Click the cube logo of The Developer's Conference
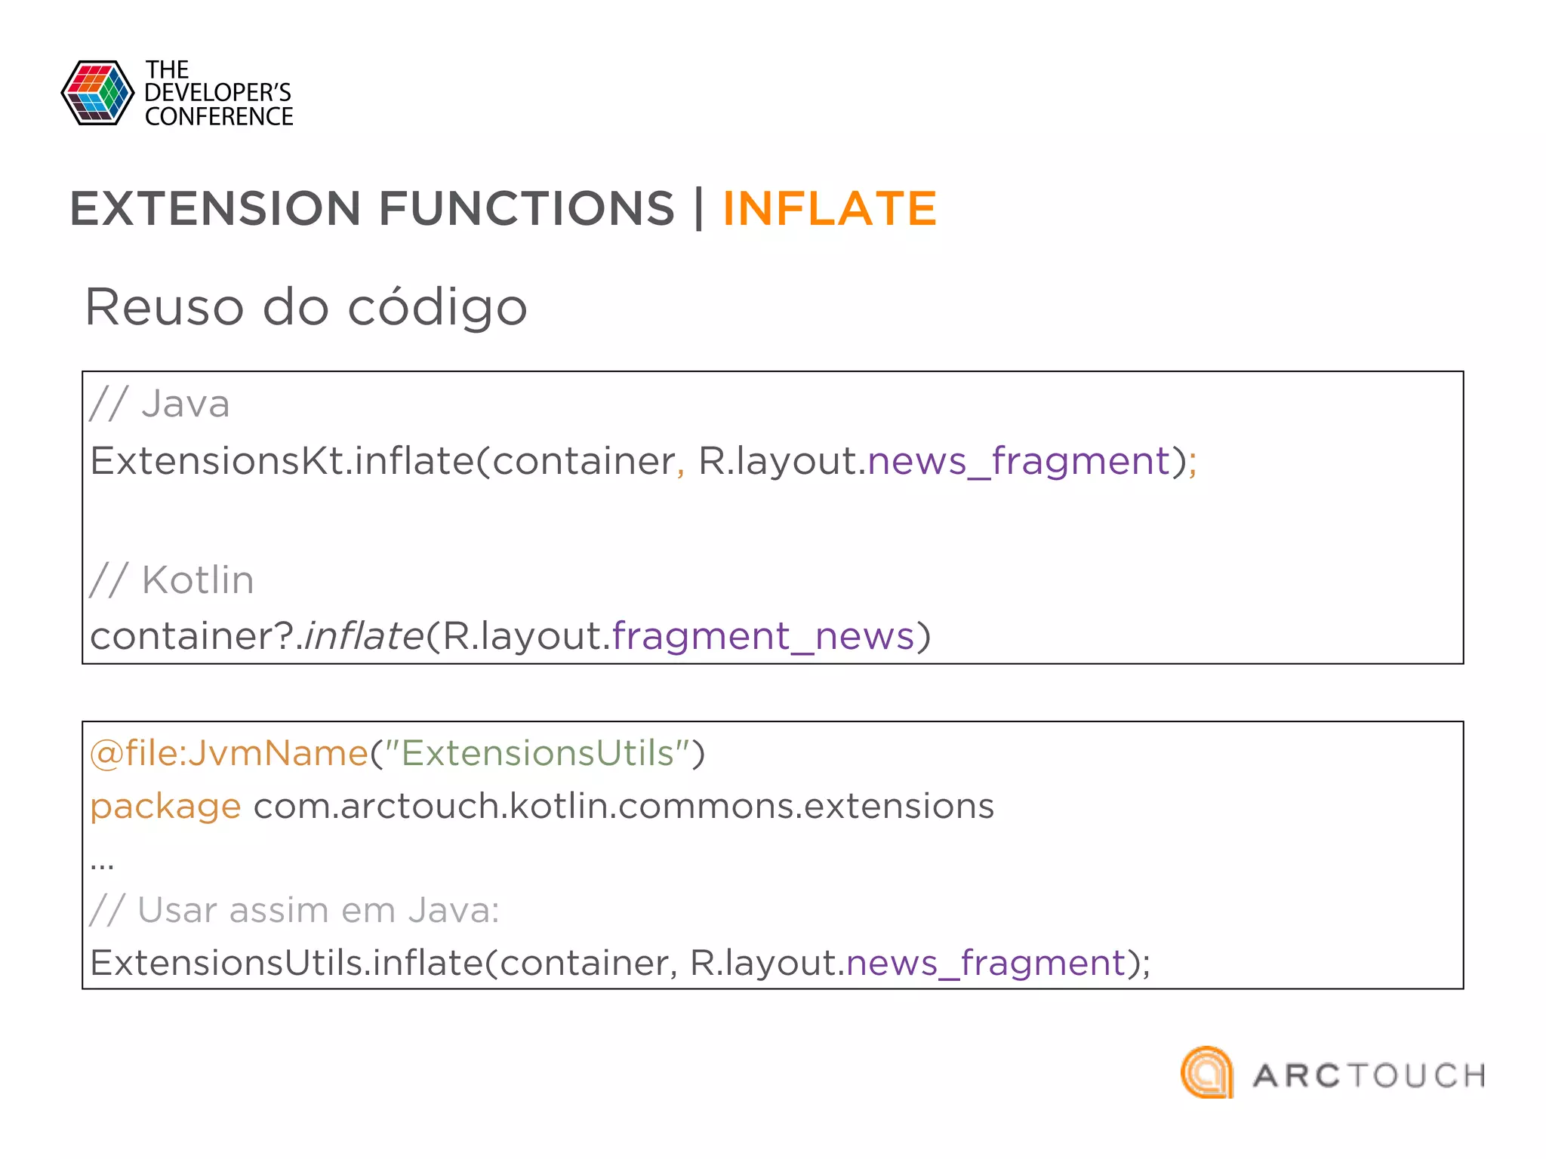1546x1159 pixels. (97, 93)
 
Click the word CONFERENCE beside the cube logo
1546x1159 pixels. (219, 117)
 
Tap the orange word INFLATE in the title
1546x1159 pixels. (830, 209)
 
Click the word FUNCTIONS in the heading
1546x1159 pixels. (526, 209)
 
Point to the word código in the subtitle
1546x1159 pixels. (437, 307)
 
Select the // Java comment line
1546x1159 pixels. (160, 404)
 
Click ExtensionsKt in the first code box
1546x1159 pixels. (217, 460)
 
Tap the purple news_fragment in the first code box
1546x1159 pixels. (1018, 460)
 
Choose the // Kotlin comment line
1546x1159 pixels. (172, 580)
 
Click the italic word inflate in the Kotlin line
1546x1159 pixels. (363, 635)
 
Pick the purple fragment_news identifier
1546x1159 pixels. (762, 635)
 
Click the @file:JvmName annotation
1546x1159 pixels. (229, 753)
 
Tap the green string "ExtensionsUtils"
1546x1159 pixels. (537, 753)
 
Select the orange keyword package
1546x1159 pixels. (165, 806)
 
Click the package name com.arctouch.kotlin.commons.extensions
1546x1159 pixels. (624, 806)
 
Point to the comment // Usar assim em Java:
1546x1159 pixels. (294, 910)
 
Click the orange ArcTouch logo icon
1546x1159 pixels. (1207, 1072)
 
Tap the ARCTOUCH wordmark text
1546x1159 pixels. (1369, 1076)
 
